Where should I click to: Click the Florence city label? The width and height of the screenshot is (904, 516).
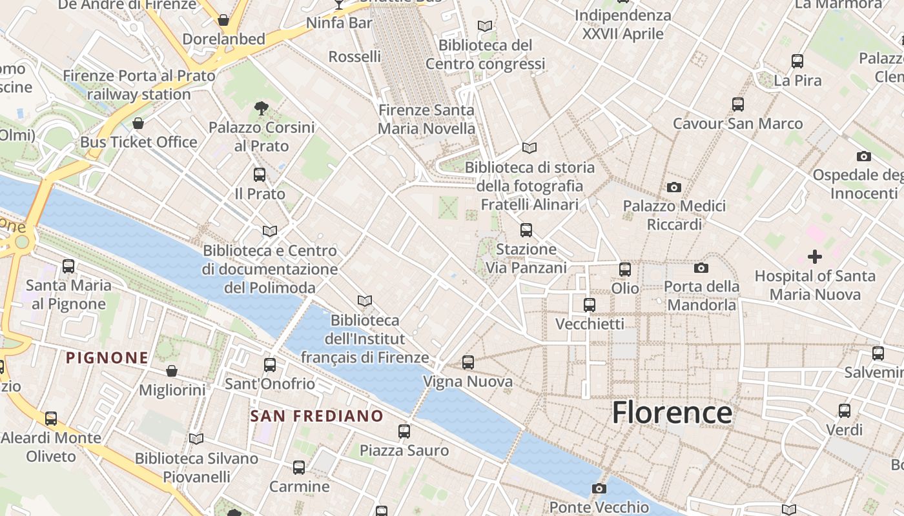(672, 413)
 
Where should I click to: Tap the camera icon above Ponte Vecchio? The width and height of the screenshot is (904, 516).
(599, 488)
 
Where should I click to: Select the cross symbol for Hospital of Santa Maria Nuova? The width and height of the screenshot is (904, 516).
(815, 257)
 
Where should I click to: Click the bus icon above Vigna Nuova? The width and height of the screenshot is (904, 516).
(468, 362)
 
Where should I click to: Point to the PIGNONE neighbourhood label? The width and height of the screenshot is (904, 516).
(107, 357)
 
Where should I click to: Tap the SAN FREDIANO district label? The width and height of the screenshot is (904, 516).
(316, 416)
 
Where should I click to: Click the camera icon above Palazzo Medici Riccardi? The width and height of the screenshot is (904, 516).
(674, 187)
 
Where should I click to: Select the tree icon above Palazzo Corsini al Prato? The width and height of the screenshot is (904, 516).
(262, 108)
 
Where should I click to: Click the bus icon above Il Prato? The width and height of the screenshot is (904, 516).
(260, 174)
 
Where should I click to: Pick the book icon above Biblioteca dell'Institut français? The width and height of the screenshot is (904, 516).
(365, 301)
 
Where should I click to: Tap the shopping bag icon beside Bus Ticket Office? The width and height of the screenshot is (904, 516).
(138, 123)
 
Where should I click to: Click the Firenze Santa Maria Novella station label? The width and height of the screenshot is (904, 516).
(426, 119)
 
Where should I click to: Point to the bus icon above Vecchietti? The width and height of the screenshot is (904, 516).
(590, 304)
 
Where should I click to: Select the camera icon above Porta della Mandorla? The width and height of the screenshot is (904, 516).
(701, 268)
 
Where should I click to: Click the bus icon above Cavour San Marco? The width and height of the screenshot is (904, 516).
(738, 104)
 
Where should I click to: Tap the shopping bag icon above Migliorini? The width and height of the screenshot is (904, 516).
(172, 371)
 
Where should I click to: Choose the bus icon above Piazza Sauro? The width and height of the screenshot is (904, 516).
(404, 431)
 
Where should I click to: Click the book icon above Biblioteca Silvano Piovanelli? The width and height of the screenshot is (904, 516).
(196, 439)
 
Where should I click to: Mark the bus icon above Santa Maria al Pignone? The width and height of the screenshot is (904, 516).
(68, 266)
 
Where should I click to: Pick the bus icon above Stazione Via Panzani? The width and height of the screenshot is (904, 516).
(526, 230)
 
